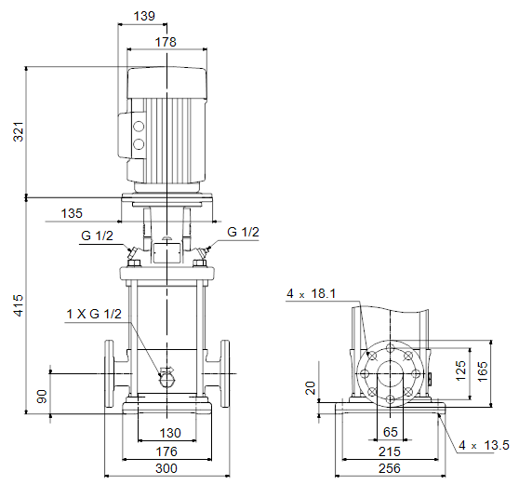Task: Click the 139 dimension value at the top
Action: point(144,16)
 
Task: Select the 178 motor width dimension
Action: point(166,42)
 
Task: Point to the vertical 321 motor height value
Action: point(19,132)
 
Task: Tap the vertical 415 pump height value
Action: point(19,305)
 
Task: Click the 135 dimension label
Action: point(72,213)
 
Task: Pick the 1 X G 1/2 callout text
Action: point(94,314)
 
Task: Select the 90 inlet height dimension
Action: point(42,397)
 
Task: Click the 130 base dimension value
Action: point(170,433)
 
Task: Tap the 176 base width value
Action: point(166,451)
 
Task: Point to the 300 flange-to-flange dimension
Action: point(166,468)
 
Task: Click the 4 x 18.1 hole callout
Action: point(312,293)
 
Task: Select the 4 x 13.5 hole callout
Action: point(484,445)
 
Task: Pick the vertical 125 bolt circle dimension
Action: point(460,370)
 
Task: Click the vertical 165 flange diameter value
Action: point(483,371)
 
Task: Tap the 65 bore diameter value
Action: point(391,432)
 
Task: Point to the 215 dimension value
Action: point(390,451)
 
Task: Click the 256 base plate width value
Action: point(390,468)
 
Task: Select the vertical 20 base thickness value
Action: point(311,388)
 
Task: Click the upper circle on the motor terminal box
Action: point(139,127)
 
